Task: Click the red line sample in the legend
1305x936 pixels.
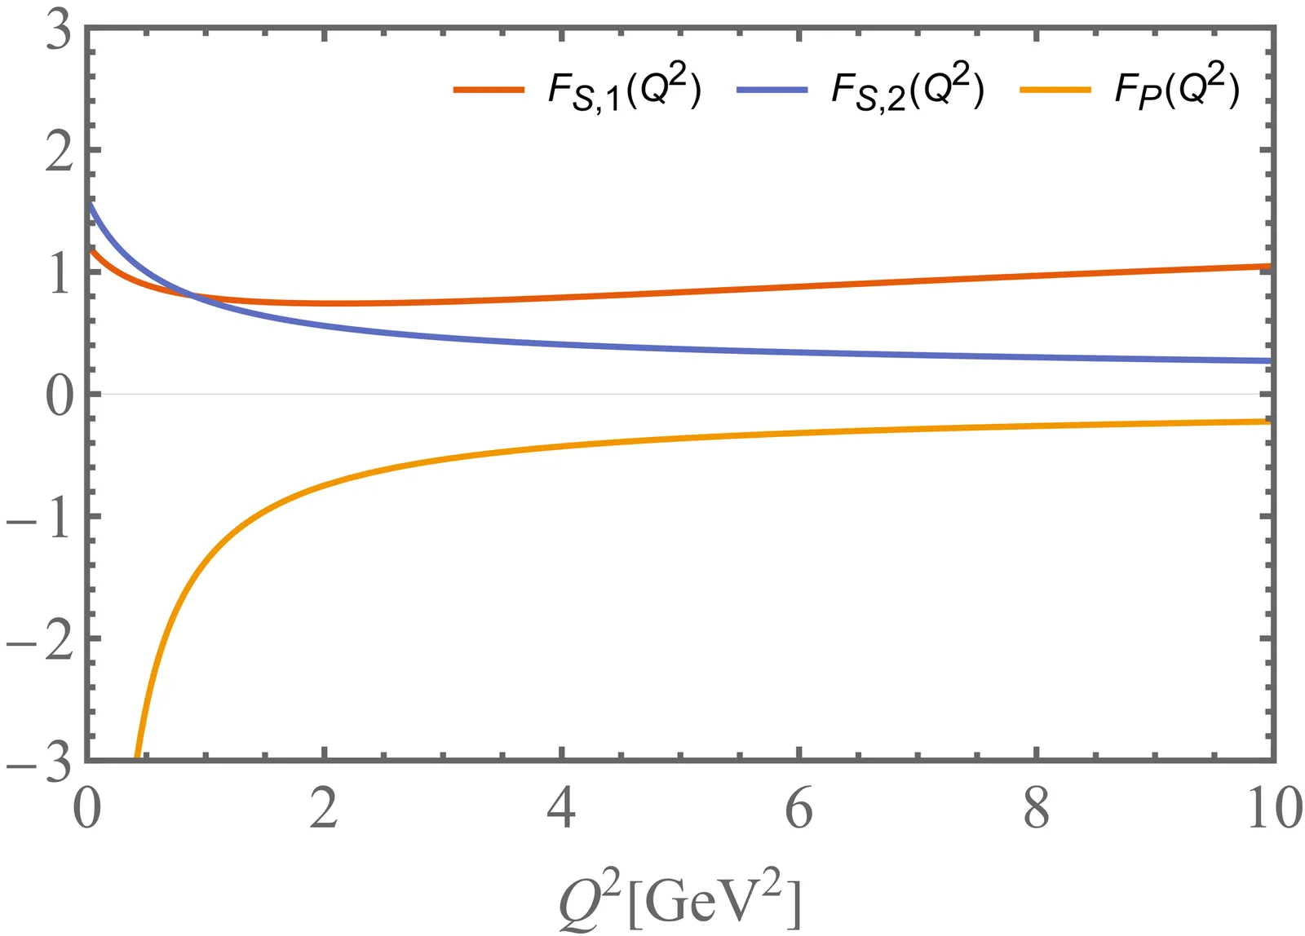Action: (489, 90)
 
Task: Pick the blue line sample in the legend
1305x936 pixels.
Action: (772, 90)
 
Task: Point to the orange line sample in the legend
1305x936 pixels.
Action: (1055, 90)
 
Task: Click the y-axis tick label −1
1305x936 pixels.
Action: (39, 519)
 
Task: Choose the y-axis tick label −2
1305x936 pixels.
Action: (39, 642)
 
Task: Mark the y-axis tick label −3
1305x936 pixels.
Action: (39, 763)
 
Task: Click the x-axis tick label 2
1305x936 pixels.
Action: (324, 809)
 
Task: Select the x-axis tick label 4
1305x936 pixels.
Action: (561, 809)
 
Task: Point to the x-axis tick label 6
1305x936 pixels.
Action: (798, 809)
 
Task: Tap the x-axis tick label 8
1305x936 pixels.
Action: (1036, 809)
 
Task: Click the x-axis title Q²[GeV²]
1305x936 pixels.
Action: (680, 901)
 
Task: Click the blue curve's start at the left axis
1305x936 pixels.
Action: (89, 204)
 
